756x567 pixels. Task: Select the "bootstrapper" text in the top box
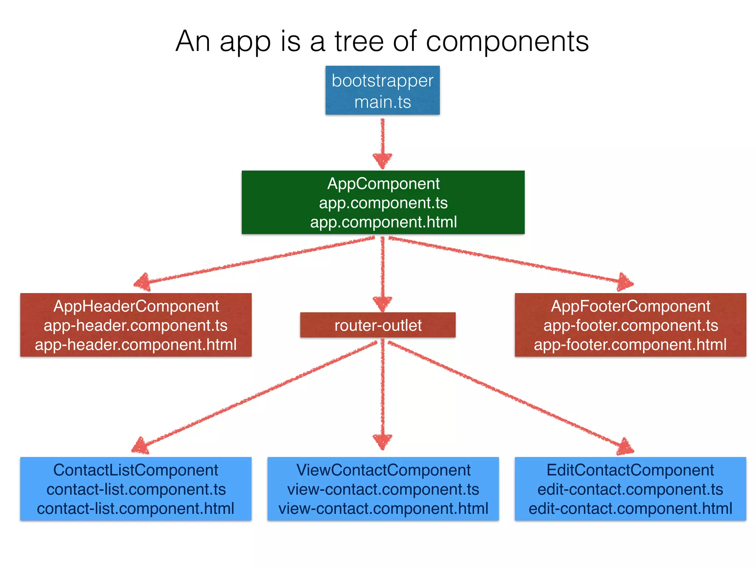(x=382, y=81)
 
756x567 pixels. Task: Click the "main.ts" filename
(x=382, y=102)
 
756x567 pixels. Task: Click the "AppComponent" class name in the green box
(x=383, y=184)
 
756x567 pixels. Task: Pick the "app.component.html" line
(x=383, y=222)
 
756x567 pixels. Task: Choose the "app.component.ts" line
(x=383, y=203)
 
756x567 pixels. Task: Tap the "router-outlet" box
(x=378, y=325)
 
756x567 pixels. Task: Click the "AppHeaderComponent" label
(x=136, y=306)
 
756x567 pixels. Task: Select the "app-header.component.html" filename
(x=136, y=345)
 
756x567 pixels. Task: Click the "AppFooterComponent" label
(x=630, y=306)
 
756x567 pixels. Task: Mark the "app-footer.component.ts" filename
(x=630, y=326)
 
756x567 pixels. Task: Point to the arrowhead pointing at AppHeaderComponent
(x=142, y=283)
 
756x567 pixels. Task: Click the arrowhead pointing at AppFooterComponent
(x=625, y=283)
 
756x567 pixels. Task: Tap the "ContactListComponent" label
(x=136, y=470)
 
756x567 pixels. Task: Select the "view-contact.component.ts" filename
(x=383, y=489)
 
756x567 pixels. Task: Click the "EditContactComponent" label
(x=630, y=470)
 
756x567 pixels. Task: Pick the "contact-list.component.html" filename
(x=136, y=509)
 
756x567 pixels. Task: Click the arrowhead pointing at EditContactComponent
(x=625, y=447)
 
